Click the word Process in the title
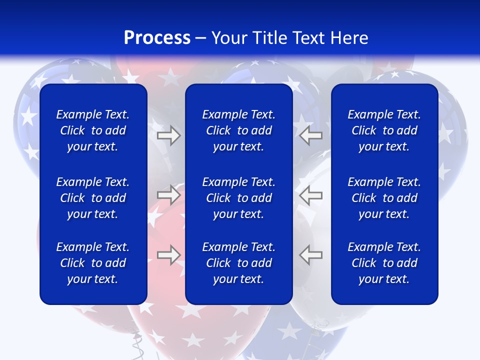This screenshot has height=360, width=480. [x=157, y=38]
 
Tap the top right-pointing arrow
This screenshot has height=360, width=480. [x=168, y=135]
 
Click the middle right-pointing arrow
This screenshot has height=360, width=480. [x=168, y=194]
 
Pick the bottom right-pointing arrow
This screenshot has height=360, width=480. [x=168, y=254]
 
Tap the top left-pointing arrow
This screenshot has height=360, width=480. [x=311, y=135]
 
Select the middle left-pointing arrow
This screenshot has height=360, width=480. [x=311, y=194]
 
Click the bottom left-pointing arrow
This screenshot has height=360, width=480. [x=311, y=254]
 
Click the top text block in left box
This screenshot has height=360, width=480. [x=93, y=130]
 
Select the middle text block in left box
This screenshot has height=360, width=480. [x=93, y=198]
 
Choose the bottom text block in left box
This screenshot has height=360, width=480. [x=93, y=263]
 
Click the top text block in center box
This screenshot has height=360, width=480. [x=238, y=130]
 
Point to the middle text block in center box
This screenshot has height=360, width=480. [x=238, y=198]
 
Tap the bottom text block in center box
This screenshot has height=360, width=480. [x=238, y=263]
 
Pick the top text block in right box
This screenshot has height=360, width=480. [x=384, y=130]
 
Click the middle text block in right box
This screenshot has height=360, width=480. [x=384, y=198]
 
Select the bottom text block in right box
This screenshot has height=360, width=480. [x=384, y=263]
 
